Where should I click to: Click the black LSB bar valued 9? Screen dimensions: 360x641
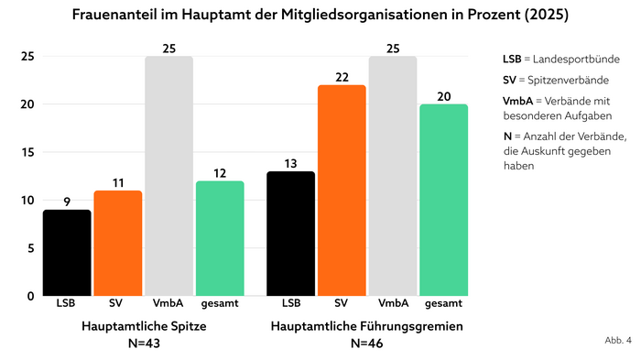click(x=67, y=253)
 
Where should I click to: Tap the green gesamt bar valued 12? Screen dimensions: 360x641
click(x=220, y=238)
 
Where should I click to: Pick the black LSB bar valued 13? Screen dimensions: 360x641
click(x=290, y=234)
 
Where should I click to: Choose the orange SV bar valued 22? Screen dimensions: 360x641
click(x=342, y=191)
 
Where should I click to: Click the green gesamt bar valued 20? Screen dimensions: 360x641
click(x=443, y=200)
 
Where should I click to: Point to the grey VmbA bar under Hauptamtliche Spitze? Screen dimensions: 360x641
click(x=168, y=176)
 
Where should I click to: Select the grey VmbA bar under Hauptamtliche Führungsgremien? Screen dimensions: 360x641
click(x=392, y=176)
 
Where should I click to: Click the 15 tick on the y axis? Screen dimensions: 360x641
click(x=28, y=152)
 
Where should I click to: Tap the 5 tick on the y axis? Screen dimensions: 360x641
click(x=31, y=248)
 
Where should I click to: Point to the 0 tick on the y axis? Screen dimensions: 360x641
click(x=31, y=296)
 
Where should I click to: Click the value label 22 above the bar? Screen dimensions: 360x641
click(x=342, y=77)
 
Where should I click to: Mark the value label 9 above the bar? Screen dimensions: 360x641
click(x=67, y=202)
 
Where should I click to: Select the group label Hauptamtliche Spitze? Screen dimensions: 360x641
click(x=144, y=326)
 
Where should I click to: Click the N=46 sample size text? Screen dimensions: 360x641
click(x=366, y=344)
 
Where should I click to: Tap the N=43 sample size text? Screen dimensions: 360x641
click(x=144, y=344)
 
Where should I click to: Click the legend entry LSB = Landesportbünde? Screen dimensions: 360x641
click(x=560, y=60)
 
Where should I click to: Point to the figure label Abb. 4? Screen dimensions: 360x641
click(x=617, y=340)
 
